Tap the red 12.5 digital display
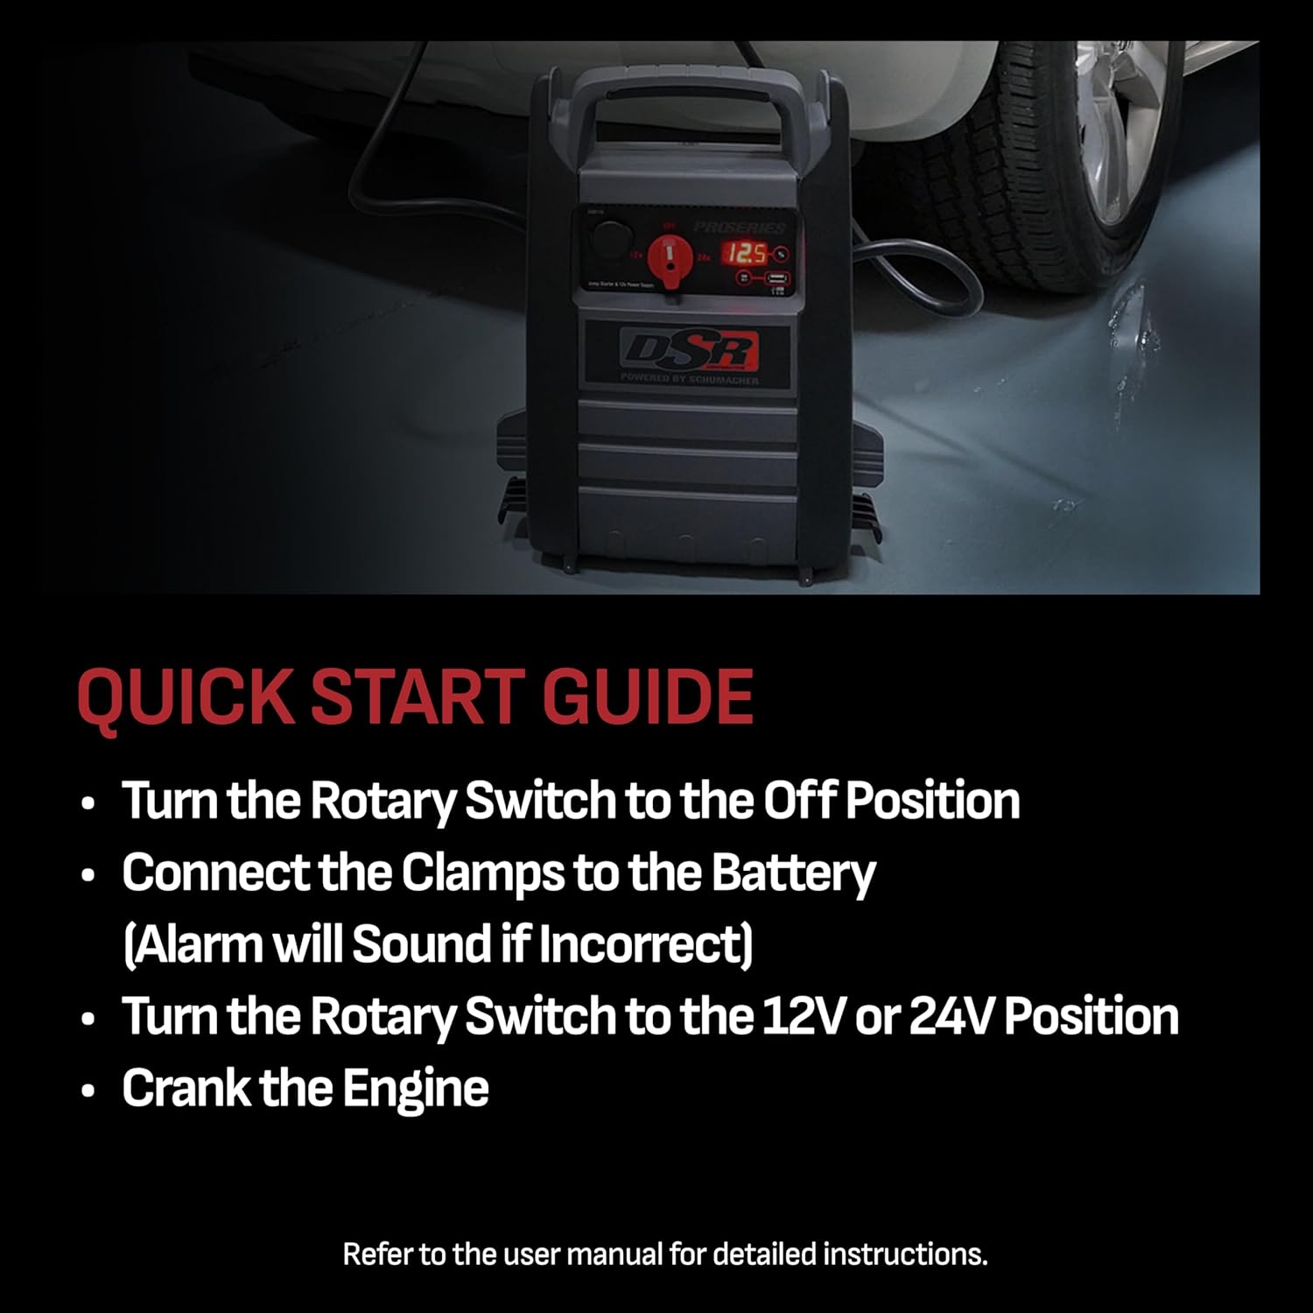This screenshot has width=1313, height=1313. [x=745, y=254]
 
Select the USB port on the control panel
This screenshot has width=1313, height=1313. [x=776, y=279]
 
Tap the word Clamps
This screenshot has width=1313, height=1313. [x=486, y=873]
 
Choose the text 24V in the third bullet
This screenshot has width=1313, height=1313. [x=951, y=1016]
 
